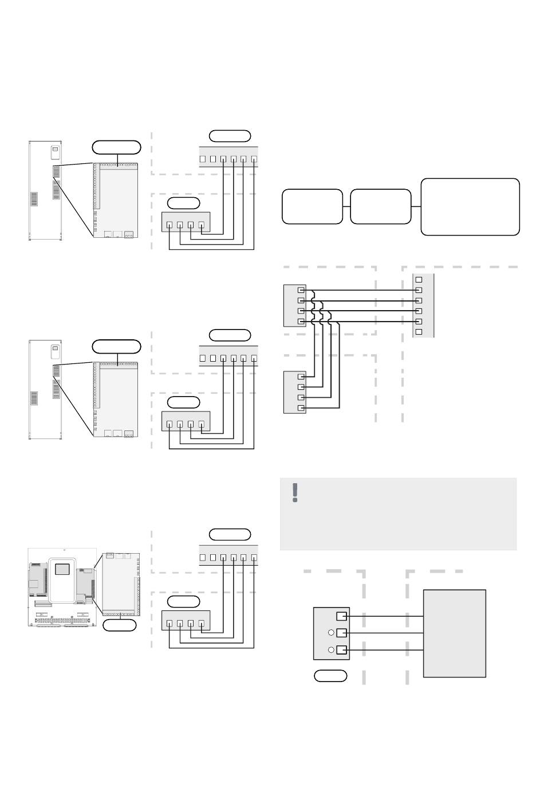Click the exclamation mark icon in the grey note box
coord(295,492)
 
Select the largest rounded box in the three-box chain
coord(470,206)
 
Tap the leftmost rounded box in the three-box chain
coord(312,206)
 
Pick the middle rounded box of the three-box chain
coord(380,206)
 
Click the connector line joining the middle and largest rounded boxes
coord(416,206)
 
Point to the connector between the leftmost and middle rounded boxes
coord(346,206)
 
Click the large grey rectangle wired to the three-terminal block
coord(454,633)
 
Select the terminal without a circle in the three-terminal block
coord(341,616)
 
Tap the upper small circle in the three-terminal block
coord(331,633)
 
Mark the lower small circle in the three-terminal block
coord(331,650)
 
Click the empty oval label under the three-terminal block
coord(330,676)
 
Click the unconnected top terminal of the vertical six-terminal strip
coord(419,280)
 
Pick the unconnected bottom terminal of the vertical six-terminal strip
coord(419,332)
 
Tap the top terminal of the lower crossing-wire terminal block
coord(301,377)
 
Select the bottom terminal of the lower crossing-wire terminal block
coord(301,408)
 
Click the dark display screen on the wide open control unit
coord(62,569)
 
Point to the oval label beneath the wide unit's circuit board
coord(120,625)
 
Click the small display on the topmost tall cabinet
coord(55,152)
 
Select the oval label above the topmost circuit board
coord(117,147)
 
